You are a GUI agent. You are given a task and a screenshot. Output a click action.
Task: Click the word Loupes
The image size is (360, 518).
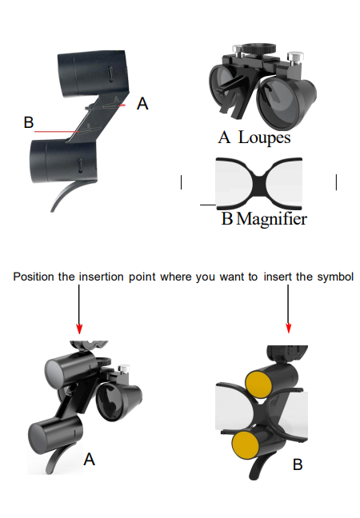point(264,137)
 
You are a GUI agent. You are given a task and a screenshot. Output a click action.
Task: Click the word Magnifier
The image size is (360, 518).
point(272,219)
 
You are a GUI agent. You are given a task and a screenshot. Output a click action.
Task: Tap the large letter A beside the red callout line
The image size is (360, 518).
point(142,104)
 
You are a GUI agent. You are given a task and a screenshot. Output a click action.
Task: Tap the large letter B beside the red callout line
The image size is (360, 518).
point(29,122)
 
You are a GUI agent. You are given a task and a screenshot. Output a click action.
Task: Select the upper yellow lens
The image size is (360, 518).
point(258,382)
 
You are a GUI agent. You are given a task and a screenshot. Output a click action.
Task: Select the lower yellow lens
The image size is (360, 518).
point(246,444)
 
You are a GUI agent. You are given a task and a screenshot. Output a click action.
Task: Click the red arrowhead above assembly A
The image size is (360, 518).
point(79,329)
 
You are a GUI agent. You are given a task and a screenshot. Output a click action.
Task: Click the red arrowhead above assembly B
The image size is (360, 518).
point(288,328)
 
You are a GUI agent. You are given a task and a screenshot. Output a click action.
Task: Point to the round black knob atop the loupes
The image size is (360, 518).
point(258,49)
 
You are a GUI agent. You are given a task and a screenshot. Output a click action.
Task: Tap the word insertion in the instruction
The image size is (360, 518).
point(101,277)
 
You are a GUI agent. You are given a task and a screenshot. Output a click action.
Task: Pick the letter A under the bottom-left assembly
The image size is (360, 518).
point(90,460)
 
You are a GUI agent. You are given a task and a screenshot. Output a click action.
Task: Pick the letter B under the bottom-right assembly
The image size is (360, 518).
point(298,464)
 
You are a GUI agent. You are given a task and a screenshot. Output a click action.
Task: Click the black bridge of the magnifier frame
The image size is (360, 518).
point(259,184)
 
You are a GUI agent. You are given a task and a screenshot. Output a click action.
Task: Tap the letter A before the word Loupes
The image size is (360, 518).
point(224,137)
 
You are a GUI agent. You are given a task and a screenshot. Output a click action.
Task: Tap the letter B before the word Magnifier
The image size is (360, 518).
point(227,219)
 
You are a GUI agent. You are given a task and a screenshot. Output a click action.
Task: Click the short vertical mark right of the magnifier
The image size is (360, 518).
point(336,182)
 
